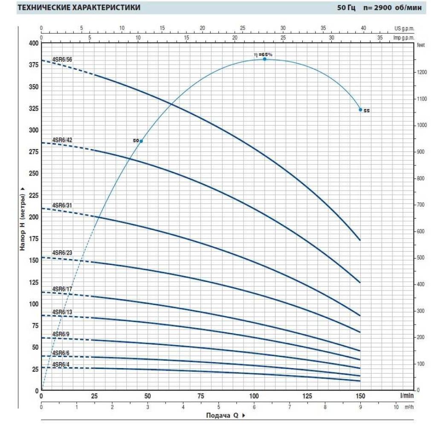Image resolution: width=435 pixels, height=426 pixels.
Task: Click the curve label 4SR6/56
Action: [x=62, y=59]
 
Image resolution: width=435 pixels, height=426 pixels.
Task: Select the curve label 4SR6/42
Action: [x=62, y=140]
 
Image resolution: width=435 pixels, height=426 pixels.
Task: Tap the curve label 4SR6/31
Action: [x=62, y=205]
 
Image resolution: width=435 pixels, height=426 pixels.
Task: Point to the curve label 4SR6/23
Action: [x=62, y=253]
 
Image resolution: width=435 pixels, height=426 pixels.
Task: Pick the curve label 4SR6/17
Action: [x=62, y=289]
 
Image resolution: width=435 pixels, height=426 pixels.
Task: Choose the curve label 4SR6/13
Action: [x=62, y=312]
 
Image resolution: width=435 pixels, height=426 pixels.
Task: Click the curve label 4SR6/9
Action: [x=61, y=334]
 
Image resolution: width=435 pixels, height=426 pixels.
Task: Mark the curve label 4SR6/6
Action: [x=61, y=353]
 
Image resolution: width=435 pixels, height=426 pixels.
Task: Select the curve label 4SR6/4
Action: [x=61, y=364]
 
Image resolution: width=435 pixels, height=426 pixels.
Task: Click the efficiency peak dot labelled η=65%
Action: [x=264, y=59]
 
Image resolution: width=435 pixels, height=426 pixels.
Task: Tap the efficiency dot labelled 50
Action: [x=141, y=141]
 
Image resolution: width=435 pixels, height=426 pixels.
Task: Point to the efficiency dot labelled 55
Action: [x=360, y=110]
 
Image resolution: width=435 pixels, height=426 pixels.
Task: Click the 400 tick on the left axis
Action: [x=33, y=43]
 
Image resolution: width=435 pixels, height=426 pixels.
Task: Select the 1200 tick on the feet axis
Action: [x=422, y=72]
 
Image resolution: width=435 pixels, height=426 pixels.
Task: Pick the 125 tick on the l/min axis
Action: [x=307, y=396]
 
